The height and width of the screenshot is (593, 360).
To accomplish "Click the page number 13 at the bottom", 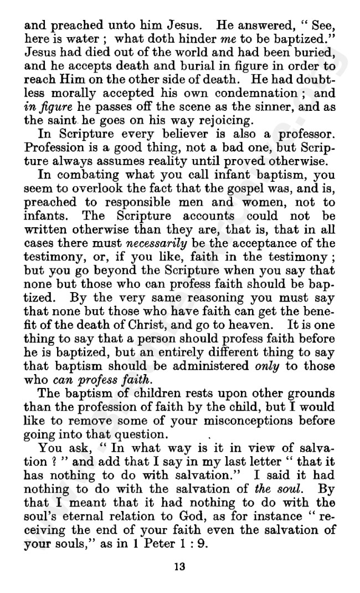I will click(x=179, y=566).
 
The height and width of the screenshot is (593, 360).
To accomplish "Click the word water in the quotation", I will click(x=87, y=39).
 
